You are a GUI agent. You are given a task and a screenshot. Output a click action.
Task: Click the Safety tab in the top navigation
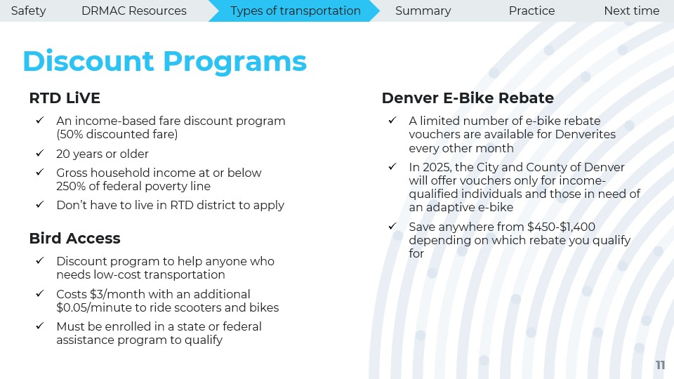(28, 11)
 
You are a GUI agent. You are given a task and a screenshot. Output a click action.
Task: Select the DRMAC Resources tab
(133, 11)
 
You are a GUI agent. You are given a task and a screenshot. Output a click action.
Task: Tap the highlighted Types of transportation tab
(296, 11)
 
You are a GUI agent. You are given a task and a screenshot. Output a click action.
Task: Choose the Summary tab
(423, 11)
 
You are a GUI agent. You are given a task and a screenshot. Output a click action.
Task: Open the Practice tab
(531, 11)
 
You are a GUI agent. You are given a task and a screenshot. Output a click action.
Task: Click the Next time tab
(631, 11)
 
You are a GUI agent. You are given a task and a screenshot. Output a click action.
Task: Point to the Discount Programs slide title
(164, 62)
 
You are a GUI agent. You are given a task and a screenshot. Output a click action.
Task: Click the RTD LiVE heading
(65, 98)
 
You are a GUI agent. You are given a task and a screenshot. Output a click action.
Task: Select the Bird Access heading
(75, 238)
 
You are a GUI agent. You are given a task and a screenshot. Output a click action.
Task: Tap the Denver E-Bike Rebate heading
(468, 98)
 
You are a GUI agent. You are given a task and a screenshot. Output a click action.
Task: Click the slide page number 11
(660, 365)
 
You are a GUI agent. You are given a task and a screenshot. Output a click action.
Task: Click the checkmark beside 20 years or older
(40, 153)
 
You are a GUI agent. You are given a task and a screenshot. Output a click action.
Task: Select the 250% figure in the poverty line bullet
(70, 187)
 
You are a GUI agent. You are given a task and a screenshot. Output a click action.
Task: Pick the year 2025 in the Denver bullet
(436, 167)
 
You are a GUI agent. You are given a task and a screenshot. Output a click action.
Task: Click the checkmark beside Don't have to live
(40, 204)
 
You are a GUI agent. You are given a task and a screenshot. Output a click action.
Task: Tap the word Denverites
(586, 135)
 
